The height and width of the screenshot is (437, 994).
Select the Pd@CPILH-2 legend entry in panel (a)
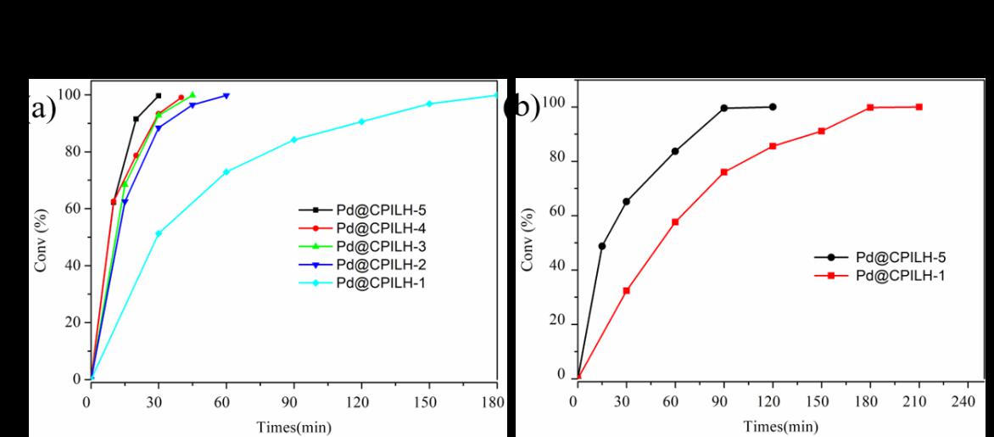pos(355,264)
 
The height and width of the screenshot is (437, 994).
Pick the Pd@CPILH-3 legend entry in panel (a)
pos(355,246)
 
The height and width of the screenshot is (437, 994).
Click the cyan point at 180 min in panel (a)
pos(496,95)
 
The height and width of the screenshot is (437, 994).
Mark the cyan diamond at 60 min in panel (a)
pos(226,171)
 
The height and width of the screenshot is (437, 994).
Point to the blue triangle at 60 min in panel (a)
pos(226,96)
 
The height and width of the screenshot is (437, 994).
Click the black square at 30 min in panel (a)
pos(159,96)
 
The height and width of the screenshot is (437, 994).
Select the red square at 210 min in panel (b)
pos(919,107)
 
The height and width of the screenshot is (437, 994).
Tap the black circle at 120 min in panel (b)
pos(772,107)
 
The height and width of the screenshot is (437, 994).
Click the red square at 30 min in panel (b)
pos(626,290)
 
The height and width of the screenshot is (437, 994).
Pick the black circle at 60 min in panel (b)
pos(674,151)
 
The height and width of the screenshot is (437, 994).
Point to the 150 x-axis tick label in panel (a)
pos(428,401)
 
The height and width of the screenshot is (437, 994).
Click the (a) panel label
pos(39,109)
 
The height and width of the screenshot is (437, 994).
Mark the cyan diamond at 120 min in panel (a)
pos(361,121)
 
